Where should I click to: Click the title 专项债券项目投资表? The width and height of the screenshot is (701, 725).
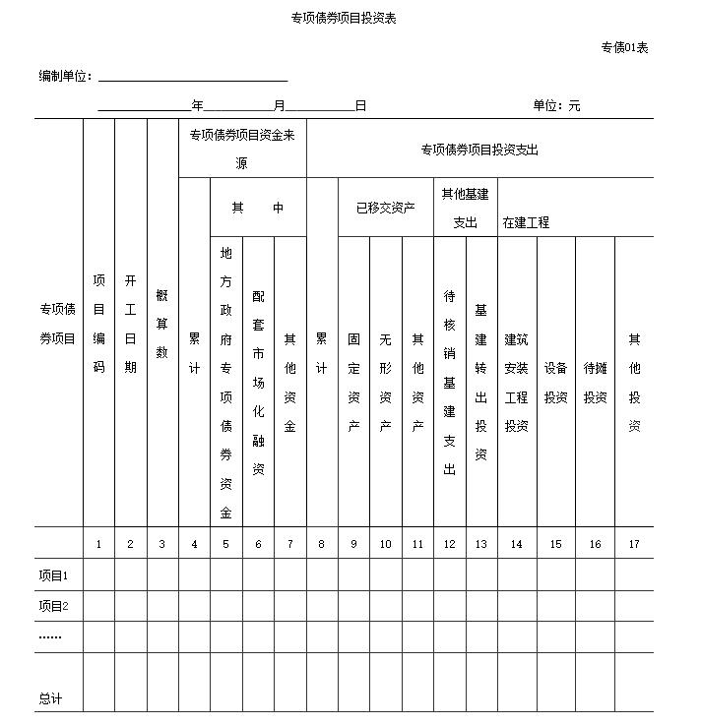point(343,18)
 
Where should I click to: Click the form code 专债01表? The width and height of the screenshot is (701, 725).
point(624,47)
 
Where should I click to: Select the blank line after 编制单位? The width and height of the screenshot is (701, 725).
point(192,77)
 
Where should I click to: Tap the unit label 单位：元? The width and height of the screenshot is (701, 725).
point(557,105)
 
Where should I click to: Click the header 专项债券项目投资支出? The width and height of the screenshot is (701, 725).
point(479,151)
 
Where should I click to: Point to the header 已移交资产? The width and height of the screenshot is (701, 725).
point(385,208)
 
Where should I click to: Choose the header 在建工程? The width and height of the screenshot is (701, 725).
point(526,222)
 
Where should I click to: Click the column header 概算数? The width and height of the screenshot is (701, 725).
point(162,324)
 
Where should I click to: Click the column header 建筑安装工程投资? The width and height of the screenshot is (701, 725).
point(517,383)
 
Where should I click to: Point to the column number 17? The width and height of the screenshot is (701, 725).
point(634,543)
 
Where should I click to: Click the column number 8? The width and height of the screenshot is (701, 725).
point(321,543)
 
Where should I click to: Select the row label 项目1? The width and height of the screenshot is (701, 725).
point(53,575)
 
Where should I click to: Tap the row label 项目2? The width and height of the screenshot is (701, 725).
point(53,606)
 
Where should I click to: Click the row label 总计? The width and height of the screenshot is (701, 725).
point(50,698)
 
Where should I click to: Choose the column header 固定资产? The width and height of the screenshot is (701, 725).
point(353,383)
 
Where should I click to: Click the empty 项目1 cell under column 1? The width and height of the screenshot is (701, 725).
point(98,574)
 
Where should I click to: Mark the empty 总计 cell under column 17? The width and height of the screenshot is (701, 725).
point(634,682)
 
